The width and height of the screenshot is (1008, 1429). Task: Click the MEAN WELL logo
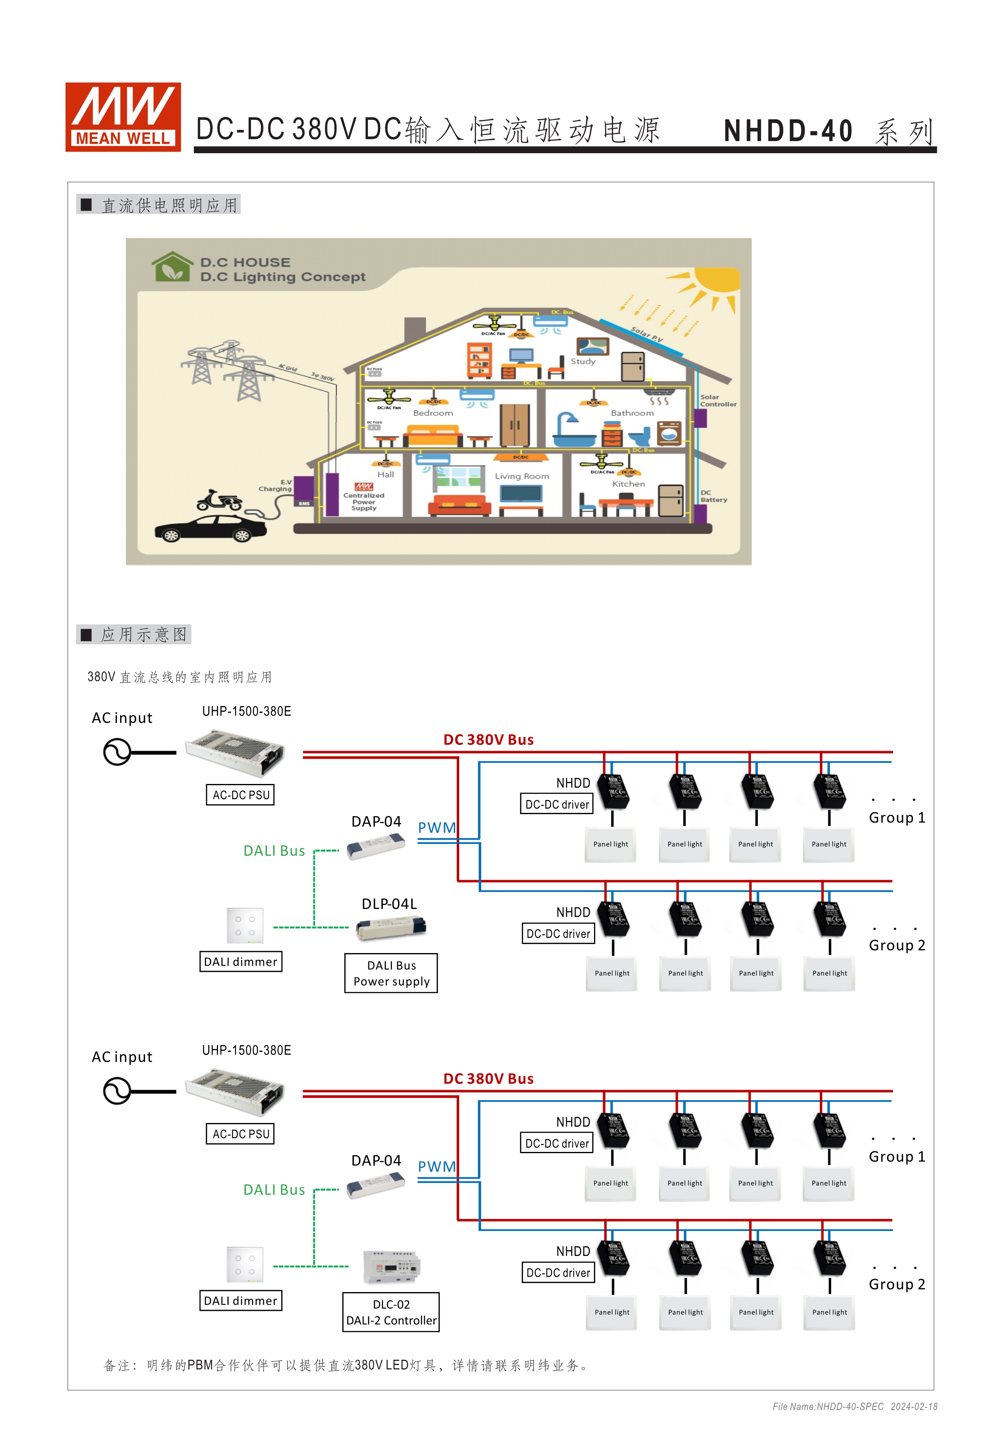click(123, 117)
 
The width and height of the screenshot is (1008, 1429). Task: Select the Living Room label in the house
click(522, 476)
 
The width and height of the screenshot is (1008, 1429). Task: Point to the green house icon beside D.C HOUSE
click(172, 267)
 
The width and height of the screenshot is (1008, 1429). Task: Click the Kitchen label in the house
click(628, 484)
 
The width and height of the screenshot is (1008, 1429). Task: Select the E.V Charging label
click(276, 485)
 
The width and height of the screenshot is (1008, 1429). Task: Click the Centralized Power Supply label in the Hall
click(363, 502)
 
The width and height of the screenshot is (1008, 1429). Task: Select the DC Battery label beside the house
click(713, 496)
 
